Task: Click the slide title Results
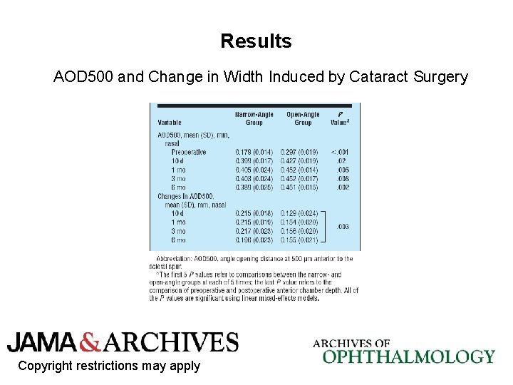(x=256, y=41)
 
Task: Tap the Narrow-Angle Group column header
(x=254, y=118)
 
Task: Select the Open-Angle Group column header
(x=304, y=118)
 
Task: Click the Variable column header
(x=170, y=123)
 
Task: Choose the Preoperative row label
(x=189, y=152)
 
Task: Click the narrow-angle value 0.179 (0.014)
(x=254, y=152)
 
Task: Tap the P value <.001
(x=339, y=152)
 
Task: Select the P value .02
(x=342, y=161)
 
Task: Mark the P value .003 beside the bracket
(x=343, y=227)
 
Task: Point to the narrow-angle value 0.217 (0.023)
(x=254, y=232)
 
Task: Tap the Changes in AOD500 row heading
(x=186, y=195)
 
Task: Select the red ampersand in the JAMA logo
(x=91, y=343)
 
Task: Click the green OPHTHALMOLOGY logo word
(x=408, y=356)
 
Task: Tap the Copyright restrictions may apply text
(x=109, y=366)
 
